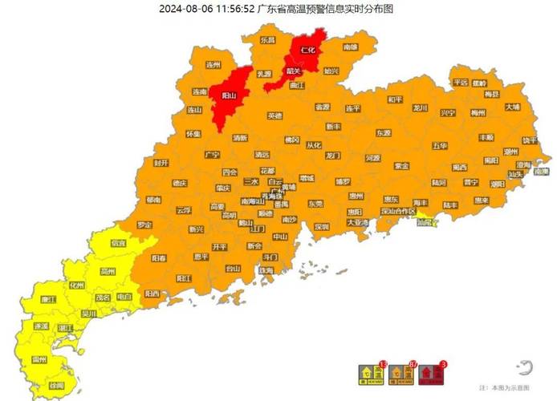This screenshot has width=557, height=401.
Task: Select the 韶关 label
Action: pyautogui.click(x=294, y=71)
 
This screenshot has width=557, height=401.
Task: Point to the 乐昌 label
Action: pyautogui.click(x=267, y=39)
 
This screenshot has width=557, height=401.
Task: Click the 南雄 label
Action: pyautogui.click(x=351, y=47)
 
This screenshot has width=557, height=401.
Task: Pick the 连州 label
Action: pyautogui.click(x=213, y=64)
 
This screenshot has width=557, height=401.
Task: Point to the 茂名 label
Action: pyautogui.click(x=103, y=298)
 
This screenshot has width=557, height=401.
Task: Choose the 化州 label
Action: pyautogui.click(x=76, y=285)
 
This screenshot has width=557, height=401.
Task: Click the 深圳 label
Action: pyautogui.click(x=322, y=227)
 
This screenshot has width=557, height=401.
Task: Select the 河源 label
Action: pyautogui.click(x=372, y=159)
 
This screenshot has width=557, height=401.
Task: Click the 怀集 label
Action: pyautogui.click(x=193, y=134)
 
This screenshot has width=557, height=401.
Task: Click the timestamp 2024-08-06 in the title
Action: pyautogui.click(x=185, y=9)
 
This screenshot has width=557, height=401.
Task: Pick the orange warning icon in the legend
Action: pyautogui.click(x=401, y=373)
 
